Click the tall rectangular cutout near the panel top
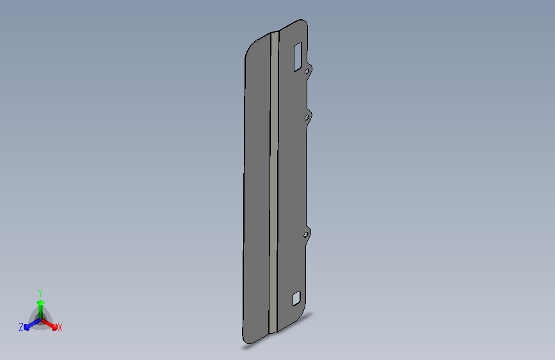[298, 57]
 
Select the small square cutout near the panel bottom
[296, 299]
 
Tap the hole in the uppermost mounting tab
[307, 72]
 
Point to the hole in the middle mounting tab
[307, 117]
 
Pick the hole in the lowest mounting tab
[306, 234]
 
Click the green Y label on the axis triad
[40, 293]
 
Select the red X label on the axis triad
[60, 328]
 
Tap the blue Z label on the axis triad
[21, 327]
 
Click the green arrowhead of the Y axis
[41, 303]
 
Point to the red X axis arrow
[49, 324]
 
